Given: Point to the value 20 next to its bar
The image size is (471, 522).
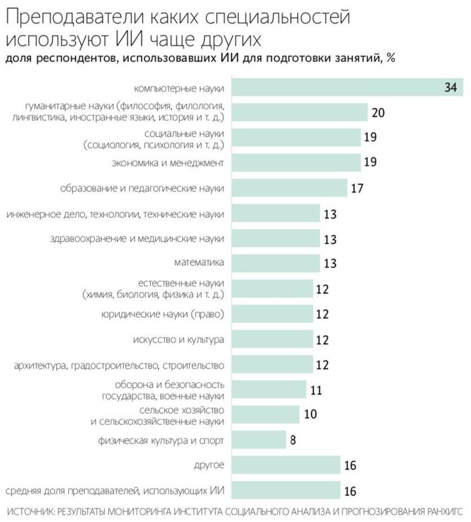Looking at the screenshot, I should coord(377,112).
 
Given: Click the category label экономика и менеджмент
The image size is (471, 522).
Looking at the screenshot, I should coord(167,163).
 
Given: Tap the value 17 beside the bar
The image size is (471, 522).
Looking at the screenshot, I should coord(357,188).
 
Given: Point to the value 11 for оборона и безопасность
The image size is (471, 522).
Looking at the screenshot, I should coord(316,389).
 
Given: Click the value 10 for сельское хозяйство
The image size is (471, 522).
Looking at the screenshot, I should coord(310,414).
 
